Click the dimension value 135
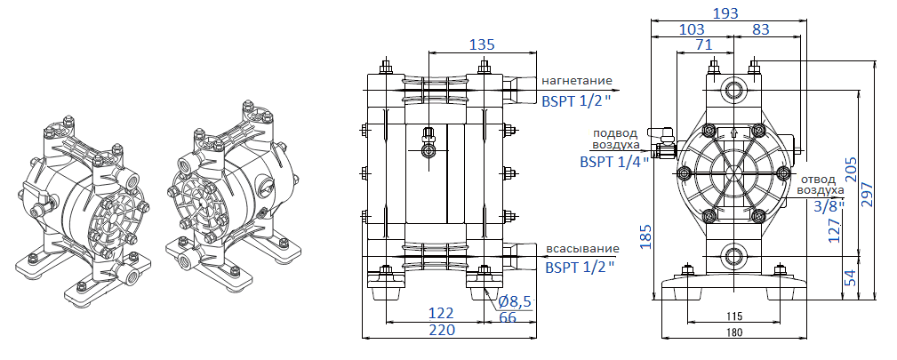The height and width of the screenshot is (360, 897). [x=482, y=45]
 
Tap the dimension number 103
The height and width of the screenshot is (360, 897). [x=693, y=30]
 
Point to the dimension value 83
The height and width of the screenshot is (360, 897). [x=761, y=30]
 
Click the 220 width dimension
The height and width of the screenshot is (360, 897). [x=442, y=329]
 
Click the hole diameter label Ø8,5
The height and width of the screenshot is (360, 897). [x=515, y=301]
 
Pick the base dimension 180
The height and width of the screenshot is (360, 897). [x=733, y=332]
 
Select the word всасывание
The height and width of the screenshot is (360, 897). [x=579, y=249]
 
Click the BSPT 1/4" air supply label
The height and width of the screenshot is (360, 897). [x=614, y=162]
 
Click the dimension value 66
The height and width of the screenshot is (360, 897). [x=508, y=316]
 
